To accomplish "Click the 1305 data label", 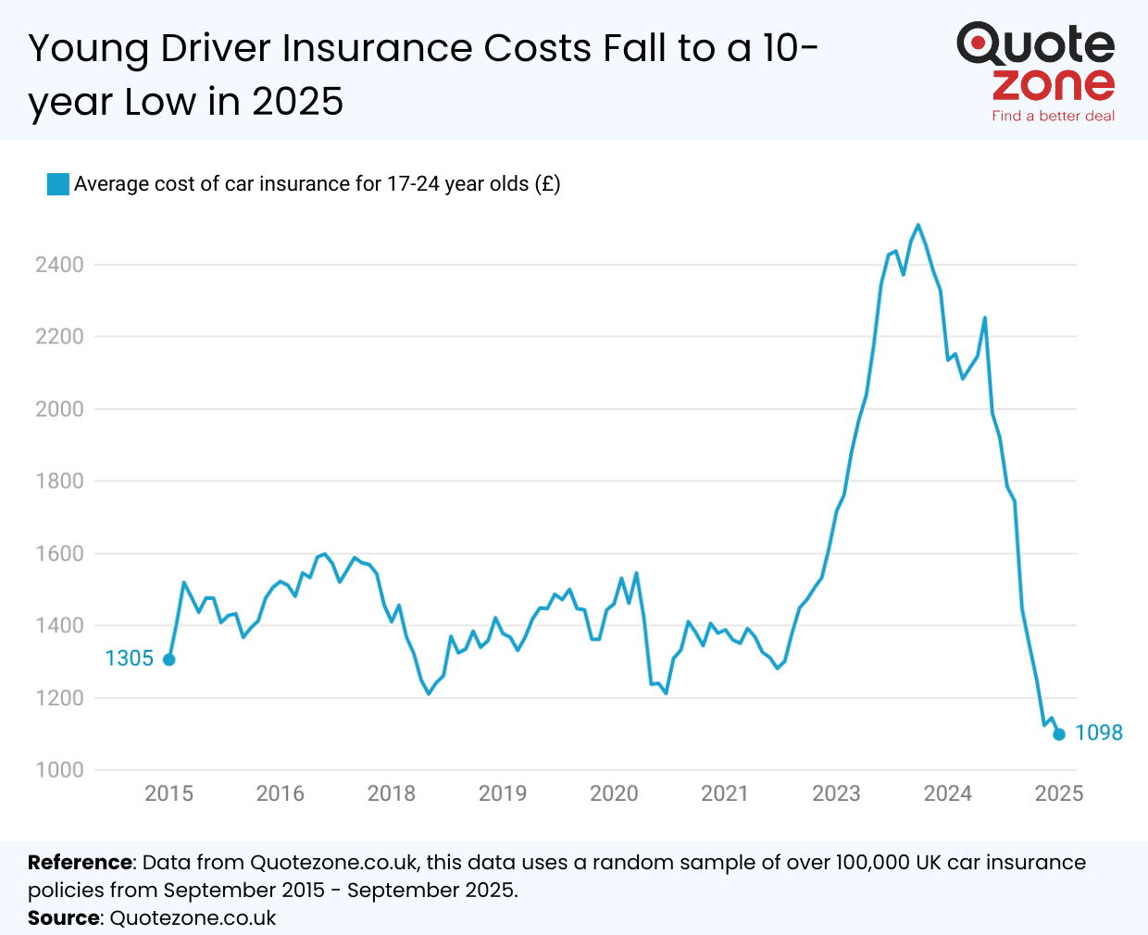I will click(129, 658).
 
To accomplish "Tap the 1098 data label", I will click(1098, 732).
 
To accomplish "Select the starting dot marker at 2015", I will click(169, 659).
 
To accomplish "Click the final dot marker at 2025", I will click(1059, 734).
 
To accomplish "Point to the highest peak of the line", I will click(917, 225).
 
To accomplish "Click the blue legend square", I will click(58, 184).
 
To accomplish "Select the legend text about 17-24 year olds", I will click(317, 184).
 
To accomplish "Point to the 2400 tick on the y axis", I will click(59, 265).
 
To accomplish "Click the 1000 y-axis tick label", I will click(59, 770).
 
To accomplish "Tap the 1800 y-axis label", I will click(59, 481).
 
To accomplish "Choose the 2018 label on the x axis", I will click(391, 793).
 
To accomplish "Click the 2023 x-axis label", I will click(836, 793).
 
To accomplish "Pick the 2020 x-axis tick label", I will click(614, 793).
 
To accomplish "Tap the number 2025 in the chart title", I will click(297, 102).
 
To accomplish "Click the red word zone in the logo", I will click(1053, 85).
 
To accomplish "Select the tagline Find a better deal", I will click(1053, 116).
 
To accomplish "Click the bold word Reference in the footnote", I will click(81, 863).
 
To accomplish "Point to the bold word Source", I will click(64, 918).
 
